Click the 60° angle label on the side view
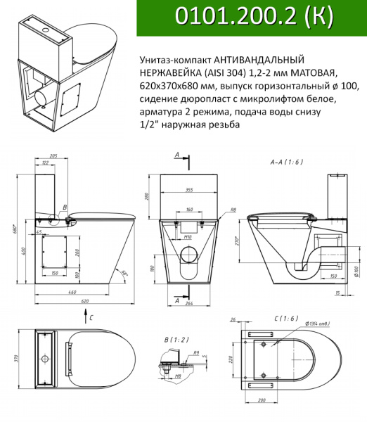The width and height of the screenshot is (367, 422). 124,272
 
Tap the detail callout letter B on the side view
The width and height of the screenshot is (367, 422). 65,207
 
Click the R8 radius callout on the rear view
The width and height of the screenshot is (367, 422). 233,209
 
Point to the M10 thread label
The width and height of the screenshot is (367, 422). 188,237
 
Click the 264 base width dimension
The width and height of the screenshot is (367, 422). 190,305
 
